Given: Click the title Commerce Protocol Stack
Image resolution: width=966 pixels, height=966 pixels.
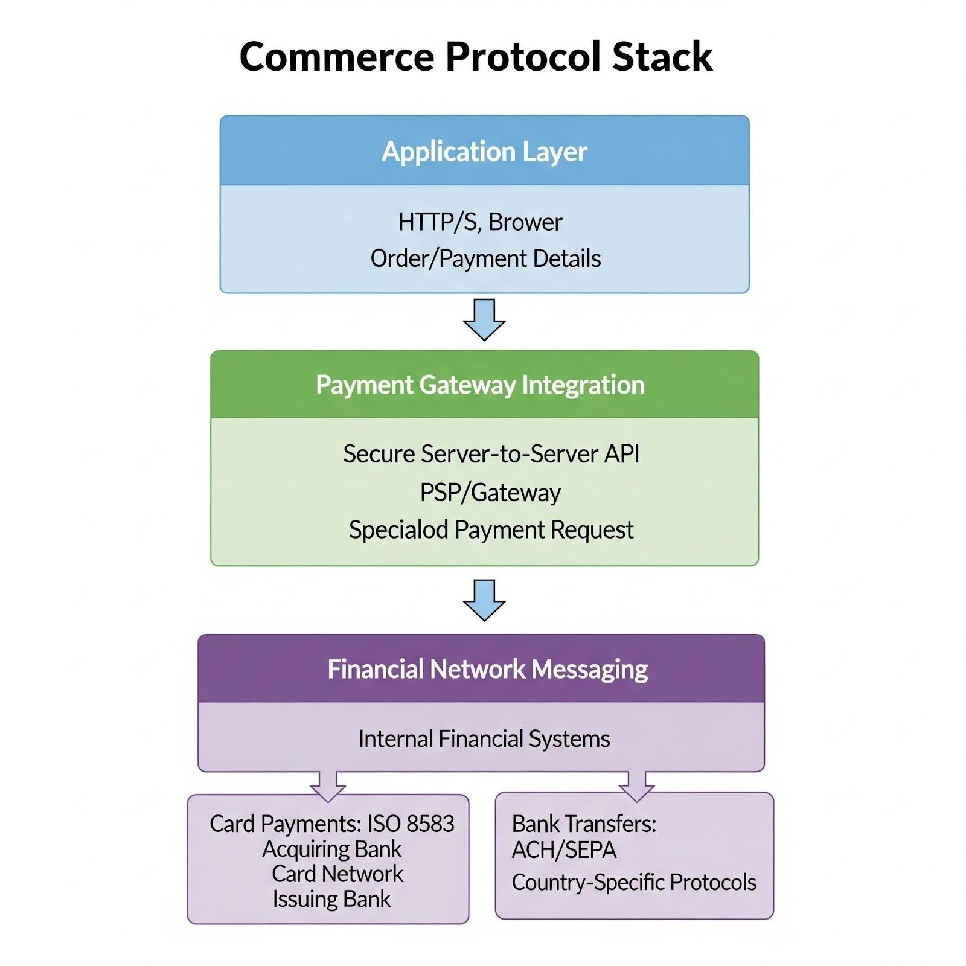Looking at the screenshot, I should (x=476, y=57).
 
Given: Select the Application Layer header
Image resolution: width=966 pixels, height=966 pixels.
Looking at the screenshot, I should (x=484, y=151).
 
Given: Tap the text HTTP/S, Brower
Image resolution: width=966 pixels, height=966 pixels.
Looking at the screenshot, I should (x=480, y=222).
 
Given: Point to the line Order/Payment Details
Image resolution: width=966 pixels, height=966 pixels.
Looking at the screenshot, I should (x=485, y=258).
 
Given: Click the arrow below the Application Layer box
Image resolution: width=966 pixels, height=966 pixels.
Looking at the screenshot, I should (x=484, y=319).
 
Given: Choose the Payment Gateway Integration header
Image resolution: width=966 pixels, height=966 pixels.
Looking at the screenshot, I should (x=480, y=385).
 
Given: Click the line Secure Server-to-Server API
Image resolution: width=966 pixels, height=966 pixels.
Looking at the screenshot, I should (x=491, y=454).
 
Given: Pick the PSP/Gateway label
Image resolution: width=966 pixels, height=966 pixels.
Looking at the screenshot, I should (x=490, y=493).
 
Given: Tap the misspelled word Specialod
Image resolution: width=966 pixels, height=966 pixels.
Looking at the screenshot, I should (x=398, y=530).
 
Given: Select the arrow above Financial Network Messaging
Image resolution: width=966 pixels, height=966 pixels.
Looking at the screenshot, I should (x=484, y=600).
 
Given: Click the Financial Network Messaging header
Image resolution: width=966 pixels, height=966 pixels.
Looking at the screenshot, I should (x=487, y=669).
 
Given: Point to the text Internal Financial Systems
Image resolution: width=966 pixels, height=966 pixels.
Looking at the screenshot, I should (x=484, y=739).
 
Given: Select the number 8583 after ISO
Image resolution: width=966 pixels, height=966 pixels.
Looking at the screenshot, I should (x=430, y=824).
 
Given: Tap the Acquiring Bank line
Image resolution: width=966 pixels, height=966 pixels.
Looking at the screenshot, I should (x=331, y=849).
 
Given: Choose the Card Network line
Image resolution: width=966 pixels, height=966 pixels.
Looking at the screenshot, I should (x=337, y=874).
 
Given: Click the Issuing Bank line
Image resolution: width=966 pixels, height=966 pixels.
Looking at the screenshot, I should (x=331, y=900).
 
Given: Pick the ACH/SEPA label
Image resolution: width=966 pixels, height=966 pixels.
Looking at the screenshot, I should (x=564, y=850).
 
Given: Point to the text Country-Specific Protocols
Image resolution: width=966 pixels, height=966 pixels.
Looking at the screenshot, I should (x=634, y=883).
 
